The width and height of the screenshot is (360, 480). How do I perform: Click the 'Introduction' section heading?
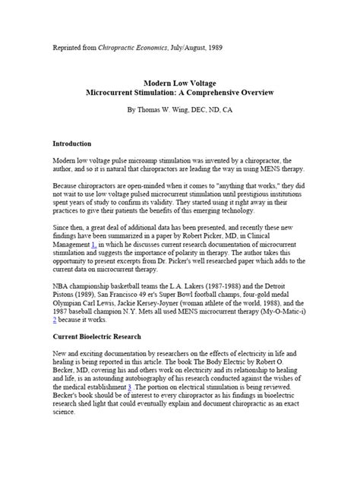pos(72,143)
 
